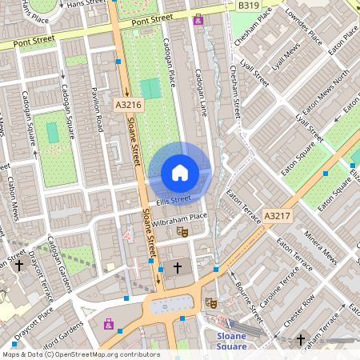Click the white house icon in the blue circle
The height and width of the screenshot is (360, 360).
pos(180,173)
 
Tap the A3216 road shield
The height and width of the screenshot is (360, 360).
pos(128,105)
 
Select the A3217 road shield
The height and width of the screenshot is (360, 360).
pos(276,216)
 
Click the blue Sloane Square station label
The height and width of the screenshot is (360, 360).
pos(231,341)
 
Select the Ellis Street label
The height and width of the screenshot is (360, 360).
pos(174,198)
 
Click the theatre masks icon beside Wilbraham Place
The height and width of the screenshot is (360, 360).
pos(182,232)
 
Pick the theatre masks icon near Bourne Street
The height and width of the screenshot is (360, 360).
pos(211,302)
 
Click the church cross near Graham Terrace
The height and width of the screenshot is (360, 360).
pos(301,340)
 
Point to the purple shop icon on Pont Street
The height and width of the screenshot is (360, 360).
pos(198,19)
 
